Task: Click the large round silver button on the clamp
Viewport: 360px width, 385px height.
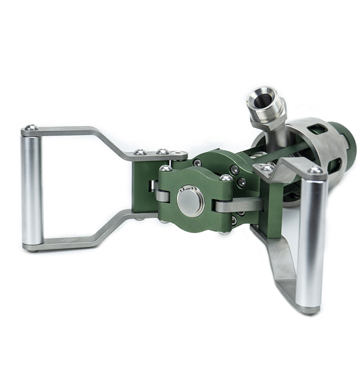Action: [191, 201]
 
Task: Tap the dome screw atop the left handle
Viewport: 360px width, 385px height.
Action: [30, 128]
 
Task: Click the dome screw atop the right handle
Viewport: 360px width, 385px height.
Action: [315, 170]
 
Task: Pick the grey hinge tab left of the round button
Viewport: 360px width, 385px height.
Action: [162, 195]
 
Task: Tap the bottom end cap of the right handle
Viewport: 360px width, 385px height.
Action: [309, 309]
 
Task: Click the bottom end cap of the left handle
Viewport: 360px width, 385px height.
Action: [32, 246]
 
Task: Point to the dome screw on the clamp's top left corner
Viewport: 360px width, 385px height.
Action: [165, 168]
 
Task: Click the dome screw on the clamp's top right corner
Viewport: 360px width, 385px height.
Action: [226, 177]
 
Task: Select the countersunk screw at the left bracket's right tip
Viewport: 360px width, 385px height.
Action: [177, 154]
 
